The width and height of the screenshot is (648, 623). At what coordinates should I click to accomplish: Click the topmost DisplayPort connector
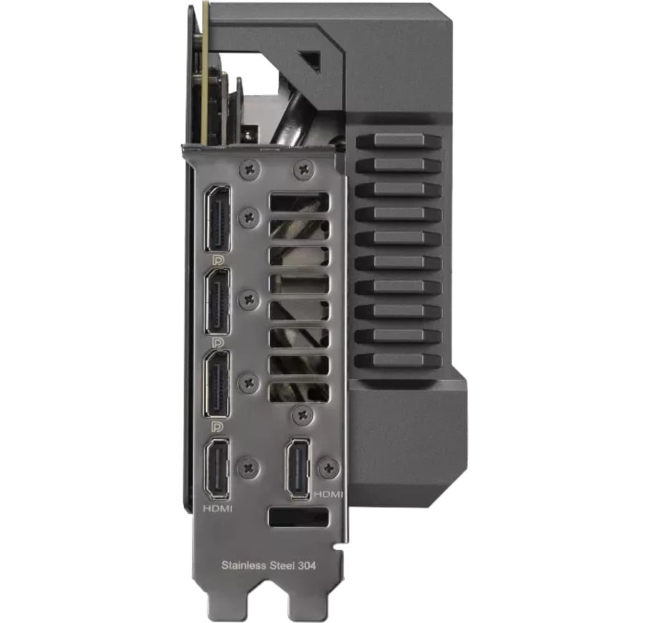click(218, 218)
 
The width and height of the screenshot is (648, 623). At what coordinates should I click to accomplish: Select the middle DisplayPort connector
click(218, 301)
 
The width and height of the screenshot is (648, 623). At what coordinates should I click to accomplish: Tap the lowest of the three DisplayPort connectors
click(218, 384)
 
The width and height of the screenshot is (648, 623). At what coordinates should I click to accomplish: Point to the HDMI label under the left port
click(218, 508)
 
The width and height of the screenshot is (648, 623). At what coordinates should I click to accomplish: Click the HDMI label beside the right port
click(329, 494)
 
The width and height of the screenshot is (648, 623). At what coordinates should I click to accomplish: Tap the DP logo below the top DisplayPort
click(217, 260)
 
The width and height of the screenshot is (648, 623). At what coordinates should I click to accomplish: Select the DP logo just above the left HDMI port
click(217, 426)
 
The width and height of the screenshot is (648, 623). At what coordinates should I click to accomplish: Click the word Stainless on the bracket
click(242, 564)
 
